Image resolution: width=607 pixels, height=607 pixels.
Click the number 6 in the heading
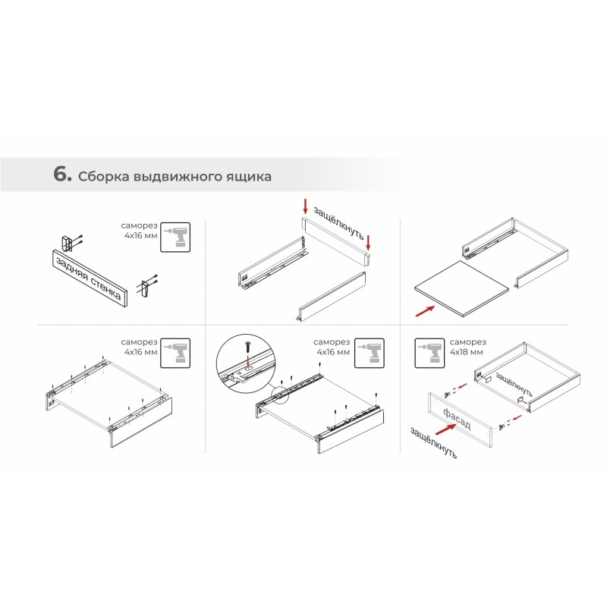[60, 174]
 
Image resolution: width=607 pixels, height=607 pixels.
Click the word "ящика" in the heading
[253, 177]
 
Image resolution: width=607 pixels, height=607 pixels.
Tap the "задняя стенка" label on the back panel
[88, 278]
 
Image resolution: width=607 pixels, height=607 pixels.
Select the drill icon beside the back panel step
[175, 237]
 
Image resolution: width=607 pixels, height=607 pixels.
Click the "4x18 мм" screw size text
[467, 352]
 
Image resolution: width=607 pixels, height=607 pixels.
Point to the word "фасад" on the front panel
[458, 419]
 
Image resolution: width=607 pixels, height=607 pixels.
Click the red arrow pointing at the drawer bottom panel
[425, 311]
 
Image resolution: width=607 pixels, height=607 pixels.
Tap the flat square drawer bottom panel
[461, 288]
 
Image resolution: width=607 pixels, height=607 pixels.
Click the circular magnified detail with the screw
[245, 363]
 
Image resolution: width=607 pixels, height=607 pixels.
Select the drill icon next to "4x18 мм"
[429, 353]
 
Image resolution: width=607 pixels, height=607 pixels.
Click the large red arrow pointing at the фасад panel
[445, 429]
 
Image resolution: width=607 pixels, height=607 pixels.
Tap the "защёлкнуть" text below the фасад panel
[433, 443]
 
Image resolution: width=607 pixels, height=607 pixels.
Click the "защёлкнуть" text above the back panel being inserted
[338, 222]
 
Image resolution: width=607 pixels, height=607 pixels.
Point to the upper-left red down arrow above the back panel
[305, 206]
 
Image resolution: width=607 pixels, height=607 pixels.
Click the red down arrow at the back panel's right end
[368, 242]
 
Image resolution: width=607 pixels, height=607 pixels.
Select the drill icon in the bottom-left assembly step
[175, 353]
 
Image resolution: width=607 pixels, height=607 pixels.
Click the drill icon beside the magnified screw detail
[370, 353]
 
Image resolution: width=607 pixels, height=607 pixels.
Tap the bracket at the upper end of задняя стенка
[66, 243]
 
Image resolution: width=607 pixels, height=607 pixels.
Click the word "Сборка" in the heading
[104, 177]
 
